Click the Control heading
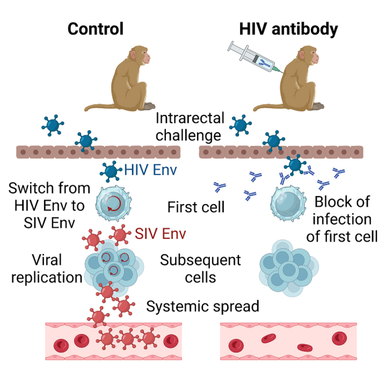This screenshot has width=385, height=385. (x=96, y=28)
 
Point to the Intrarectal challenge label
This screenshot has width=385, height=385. (x=190, y=127)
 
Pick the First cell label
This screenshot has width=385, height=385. (x=195, y=207)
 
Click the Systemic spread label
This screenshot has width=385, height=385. (x=202, y=306)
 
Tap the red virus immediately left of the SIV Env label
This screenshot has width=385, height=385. (x=121, y=234)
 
